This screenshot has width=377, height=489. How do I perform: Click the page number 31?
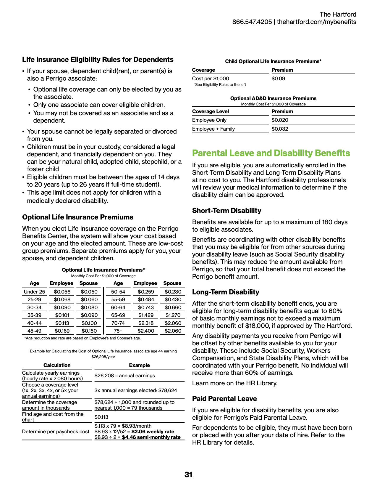(x=188, y=475)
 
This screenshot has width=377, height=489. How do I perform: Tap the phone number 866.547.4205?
(x=252, y=22)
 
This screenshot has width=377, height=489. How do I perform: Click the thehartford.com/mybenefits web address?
(x=316, y=22)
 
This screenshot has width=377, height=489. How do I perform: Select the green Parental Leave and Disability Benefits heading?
(x=271, y=153)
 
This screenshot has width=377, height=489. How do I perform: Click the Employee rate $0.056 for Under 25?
(x=62, y=292)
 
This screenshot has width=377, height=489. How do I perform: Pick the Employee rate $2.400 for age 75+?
(x=146, y=331)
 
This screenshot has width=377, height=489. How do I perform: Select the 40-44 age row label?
(x=34, y=323)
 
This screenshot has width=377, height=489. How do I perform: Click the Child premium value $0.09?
(x=278, y=78)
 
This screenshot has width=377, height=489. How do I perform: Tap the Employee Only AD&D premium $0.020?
(x=280, y=120)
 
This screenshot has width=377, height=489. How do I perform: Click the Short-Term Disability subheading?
(x=226, y=211)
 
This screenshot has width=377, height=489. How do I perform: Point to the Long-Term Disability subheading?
(x=225, y=292)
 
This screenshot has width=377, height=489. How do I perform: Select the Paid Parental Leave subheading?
(x=224, y=399)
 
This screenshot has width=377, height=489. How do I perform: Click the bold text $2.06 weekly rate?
(x=153, y=432)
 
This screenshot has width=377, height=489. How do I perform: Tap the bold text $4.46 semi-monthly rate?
(x=151, y=437)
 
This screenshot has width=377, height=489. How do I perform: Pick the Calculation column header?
(x=57, y=365)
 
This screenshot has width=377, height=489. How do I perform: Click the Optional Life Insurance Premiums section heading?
(x=77, y=217)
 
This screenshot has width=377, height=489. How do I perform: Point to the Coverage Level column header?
(x=210, y=111)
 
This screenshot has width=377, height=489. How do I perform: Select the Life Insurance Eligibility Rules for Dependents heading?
(x=98, y=60)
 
